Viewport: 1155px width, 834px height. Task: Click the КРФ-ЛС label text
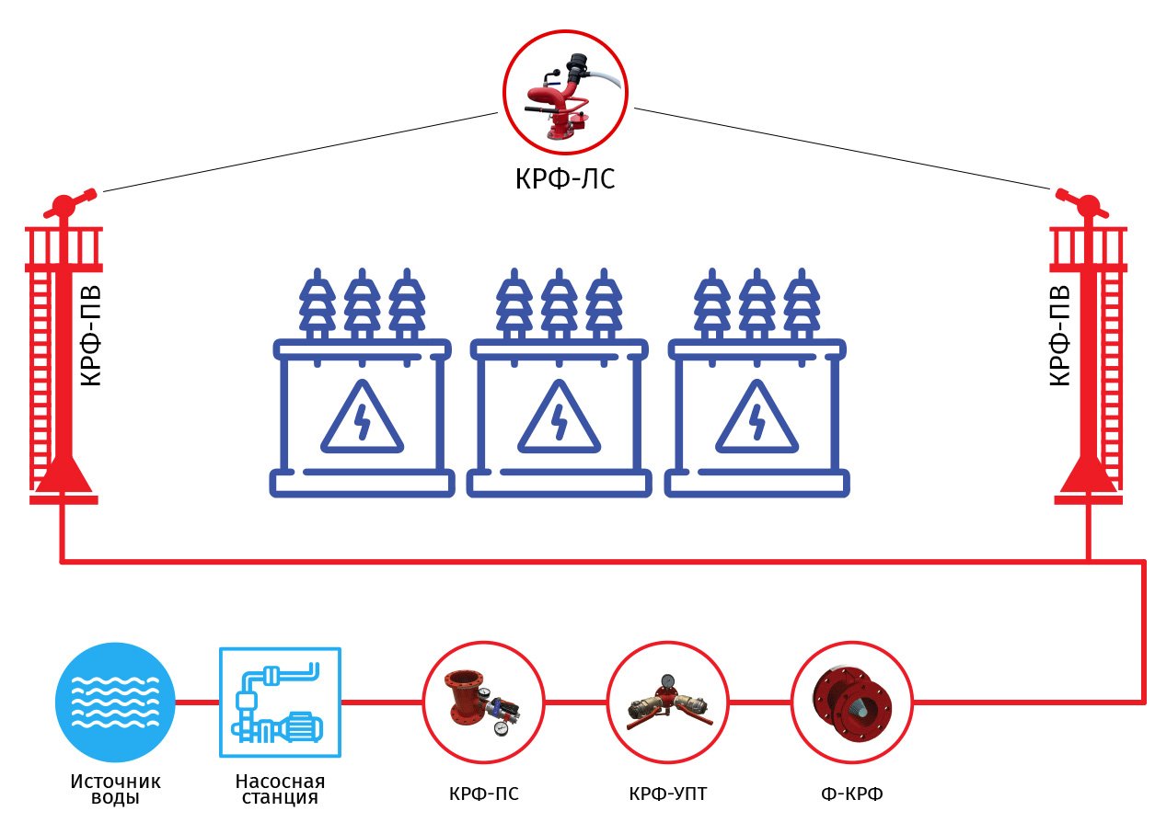click(x=565, y=178)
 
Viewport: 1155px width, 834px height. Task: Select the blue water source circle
click(x=115, y=703)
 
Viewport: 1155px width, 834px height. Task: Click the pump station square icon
click(x=280, y=703)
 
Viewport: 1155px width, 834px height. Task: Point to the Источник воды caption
click(x=115, y=789)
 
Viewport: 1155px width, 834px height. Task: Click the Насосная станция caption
click(x=280, y=789)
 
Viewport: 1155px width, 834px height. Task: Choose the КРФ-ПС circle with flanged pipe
click(x=484, y=703)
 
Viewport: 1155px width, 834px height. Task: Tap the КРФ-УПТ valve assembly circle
click(x=668, y=703)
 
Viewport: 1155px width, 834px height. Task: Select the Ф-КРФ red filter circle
click(x=852, y=703)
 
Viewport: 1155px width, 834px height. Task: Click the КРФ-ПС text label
click(x=484, y=794)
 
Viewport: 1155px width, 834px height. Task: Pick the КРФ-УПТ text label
click(x=668, y=794)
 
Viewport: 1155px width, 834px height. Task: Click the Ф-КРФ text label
click(x=852, y=794)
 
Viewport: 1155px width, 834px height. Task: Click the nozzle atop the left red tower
click(x=69, y=204)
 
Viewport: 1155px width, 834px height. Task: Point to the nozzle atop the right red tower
click(x=1082, y=204)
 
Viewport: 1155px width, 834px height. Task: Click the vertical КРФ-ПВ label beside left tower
click(x=91, y=336)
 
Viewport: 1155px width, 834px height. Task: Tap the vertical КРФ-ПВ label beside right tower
click(x=1059, y=336)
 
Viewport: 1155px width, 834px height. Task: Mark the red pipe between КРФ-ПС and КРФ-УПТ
click(x=576, y=703)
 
